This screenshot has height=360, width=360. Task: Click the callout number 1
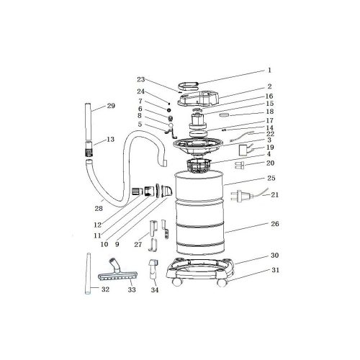[269, 70]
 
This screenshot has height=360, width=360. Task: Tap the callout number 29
[111, 106]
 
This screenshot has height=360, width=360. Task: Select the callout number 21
[274, 194]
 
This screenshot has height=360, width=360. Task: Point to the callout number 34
[155, 290]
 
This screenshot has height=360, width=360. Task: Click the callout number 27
[138, 245]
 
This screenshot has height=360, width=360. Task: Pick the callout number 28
[99, 209]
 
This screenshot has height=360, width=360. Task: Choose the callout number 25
[271, 179]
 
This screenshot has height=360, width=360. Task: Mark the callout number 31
[275, 270]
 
